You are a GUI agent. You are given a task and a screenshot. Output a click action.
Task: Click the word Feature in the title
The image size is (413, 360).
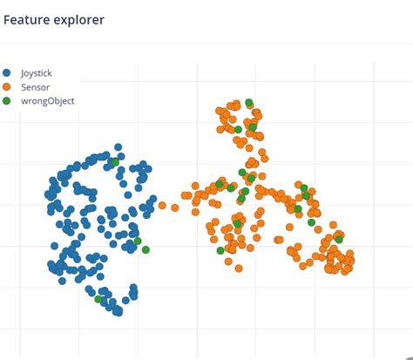point(25,19)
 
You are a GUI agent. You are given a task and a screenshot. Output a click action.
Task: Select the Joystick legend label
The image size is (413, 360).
point(37,73)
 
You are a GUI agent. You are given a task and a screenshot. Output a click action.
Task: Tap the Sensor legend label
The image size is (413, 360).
point(35,87)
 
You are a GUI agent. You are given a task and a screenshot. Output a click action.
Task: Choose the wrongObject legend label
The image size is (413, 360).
point(47,101)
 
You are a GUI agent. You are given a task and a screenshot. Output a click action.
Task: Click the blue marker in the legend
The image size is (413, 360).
point(7,73)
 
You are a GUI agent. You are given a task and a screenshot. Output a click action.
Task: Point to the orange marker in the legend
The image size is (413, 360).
point(7,87)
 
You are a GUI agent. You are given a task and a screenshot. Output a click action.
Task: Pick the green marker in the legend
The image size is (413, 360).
point(7,101)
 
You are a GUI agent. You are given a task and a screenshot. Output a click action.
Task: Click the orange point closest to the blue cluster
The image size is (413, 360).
point(162,207)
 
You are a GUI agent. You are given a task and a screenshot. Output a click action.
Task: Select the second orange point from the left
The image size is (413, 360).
point(174,207)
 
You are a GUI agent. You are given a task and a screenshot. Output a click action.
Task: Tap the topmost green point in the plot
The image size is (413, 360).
point(249,103)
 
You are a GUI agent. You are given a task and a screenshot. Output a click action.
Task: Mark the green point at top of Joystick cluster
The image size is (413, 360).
point(115,162)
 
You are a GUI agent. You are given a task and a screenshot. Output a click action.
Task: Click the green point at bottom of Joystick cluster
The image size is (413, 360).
point(98,299)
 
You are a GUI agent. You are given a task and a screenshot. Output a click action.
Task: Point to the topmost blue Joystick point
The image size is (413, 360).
point(118,148)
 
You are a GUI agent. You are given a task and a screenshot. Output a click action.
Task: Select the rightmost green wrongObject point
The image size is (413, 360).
point(339,238)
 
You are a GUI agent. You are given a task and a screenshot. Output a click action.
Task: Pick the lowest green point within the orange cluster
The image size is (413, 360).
point(220,251)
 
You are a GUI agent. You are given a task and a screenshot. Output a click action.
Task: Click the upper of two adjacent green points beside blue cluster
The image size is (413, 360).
point(137,241)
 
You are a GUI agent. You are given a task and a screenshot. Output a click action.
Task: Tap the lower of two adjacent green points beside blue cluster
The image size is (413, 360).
point(146,250)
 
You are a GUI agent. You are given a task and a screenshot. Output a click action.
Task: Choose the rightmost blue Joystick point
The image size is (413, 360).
point(164,205)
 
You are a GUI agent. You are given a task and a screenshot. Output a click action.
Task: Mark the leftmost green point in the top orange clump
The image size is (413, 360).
point(238,130)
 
